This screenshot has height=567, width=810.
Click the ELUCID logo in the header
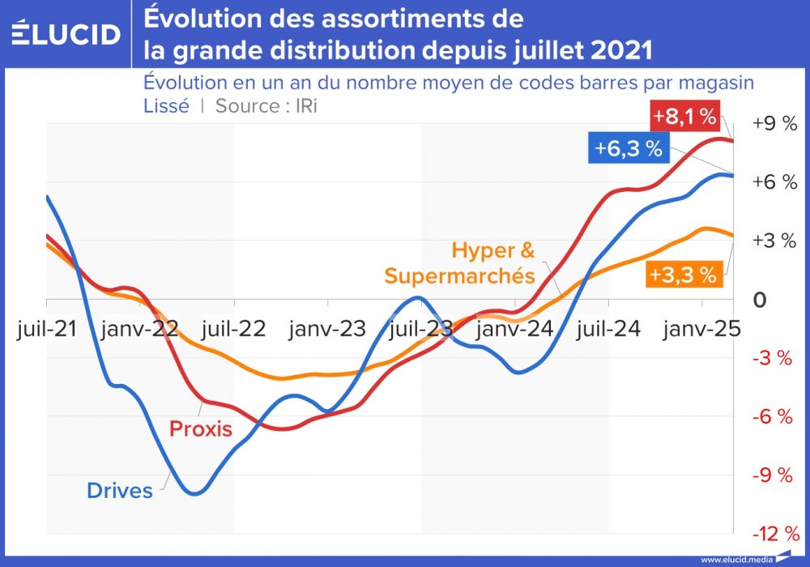tap(66, 34)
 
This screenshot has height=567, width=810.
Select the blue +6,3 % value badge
tap(629, 149)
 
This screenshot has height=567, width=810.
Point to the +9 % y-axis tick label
tap(774, 124)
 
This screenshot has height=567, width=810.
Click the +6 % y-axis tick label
tap(774, 182)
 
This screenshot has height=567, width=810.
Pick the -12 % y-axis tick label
tap(775, 534)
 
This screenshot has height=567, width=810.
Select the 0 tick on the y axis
tap(760, 301)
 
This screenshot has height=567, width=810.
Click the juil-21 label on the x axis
tap(47, 330)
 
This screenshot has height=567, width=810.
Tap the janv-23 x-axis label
tap(327, 330)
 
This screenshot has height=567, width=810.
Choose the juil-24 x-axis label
tap(607, 330)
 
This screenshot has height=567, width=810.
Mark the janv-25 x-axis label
tap(701, 330)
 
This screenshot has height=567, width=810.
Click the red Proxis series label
tap(200, 429)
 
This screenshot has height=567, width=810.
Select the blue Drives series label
tap(119, 490)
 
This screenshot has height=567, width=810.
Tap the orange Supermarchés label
tap(459, 275)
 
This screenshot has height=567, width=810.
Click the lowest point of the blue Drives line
tap(195, 493)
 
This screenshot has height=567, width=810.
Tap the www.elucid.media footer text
tap(735, 560)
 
